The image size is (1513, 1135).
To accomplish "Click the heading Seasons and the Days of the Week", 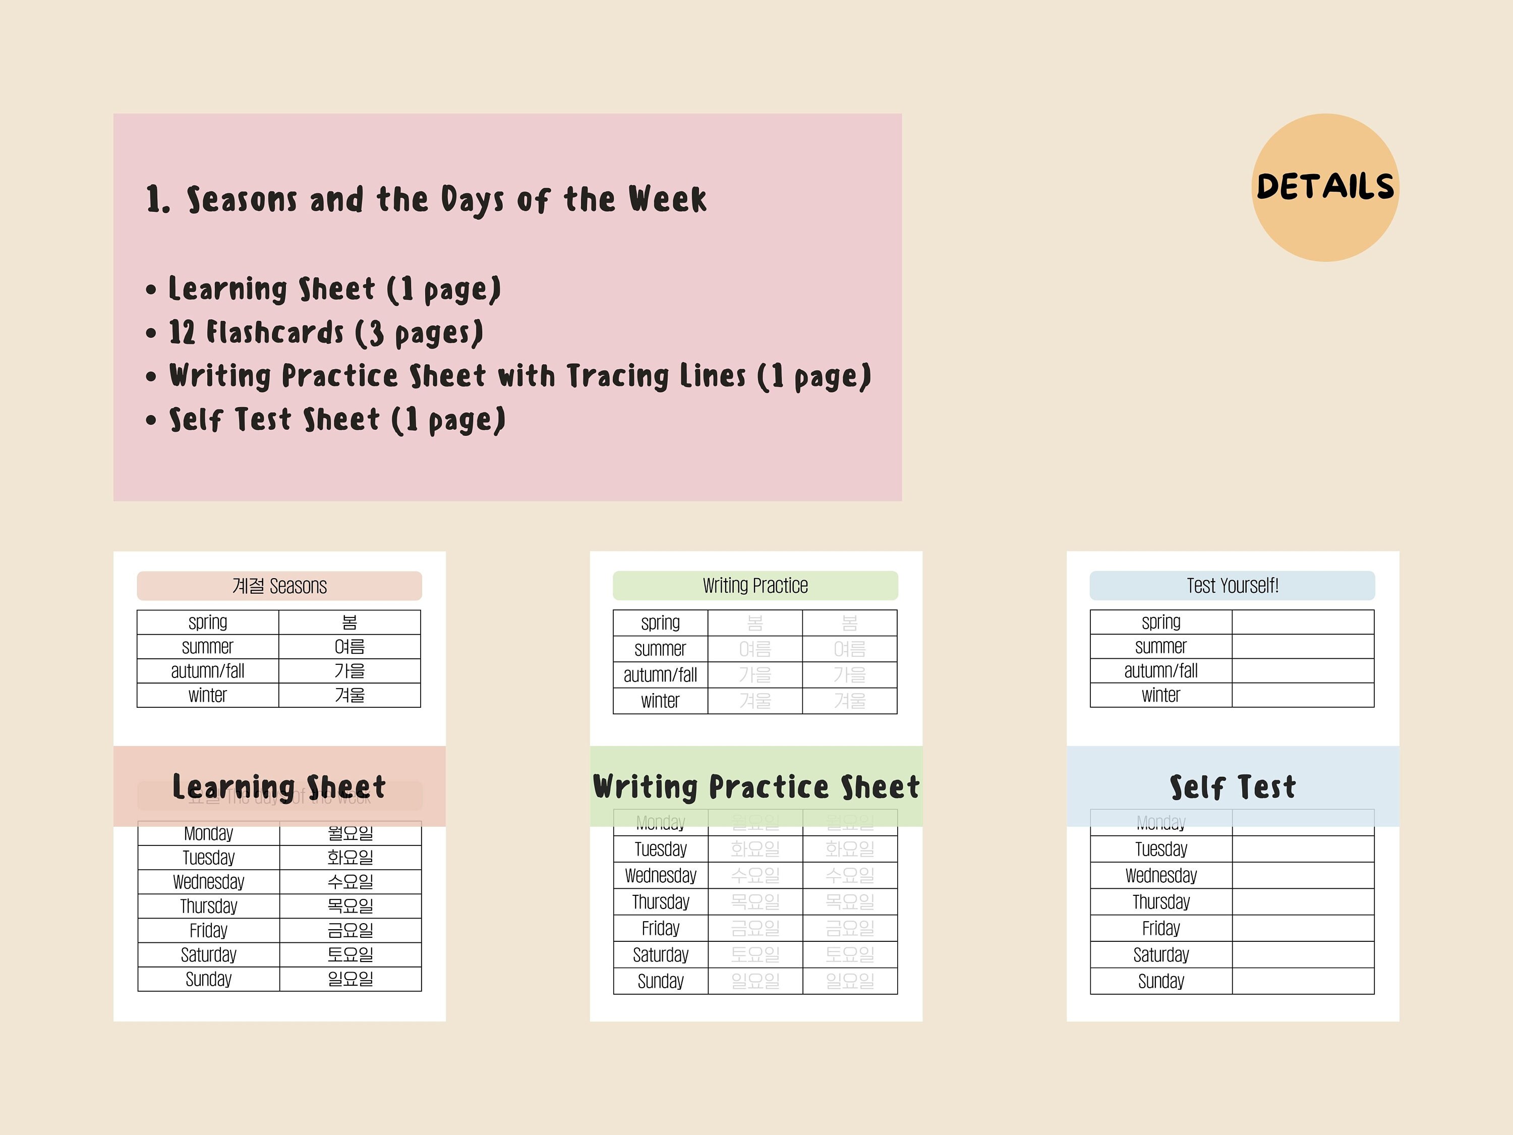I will pyautogui.click(x=427, y=199).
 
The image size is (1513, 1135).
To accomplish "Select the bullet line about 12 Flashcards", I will pyautogui.click(x=326, y=333).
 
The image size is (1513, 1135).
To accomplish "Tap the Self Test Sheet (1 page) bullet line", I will pyautogui.click(x=337, y=419).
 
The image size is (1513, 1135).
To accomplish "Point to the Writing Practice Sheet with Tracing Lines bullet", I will pyautogui.click(x=520, y=376).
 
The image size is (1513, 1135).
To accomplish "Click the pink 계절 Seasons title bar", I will pyautogui.click(x=279, y=586).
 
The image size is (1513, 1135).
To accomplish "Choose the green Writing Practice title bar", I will pyautogui.click(x=755, y=586).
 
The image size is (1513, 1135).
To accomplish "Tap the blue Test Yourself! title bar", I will pyautogui.click(x=1232, y=586).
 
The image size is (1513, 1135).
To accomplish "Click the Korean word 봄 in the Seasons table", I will pyautogui.click(x=350, y=622).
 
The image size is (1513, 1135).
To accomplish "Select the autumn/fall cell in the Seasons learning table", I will pyautogui.click(x=208, y=671).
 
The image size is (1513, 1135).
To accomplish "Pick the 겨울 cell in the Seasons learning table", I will pyautogui.click(x=350, y=695).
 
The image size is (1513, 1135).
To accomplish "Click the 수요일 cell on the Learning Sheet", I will pyautogui.click(x=350, y=882).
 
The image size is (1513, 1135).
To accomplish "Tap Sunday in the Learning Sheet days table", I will pyautogui.click(x=209, y=979).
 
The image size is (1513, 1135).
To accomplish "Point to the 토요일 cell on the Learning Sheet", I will pyautogui.click(x=350, y=954).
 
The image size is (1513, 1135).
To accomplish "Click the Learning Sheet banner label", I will pyautogui.click(x=279, y=787).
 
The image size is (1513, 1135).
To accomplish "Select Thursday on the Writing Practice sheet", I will pyautogui.click(x=661, y=902).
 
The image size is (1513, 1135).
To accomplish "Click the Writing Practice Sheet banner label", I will pyautogui.click(x=756, y=787).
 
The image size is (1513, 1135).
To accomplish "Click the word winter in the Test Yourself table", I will pyautogui.click(x=1161, y=695).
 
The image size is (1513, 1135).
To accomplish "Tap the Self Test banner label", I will pyautogui.click(x=1233, y=787).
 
